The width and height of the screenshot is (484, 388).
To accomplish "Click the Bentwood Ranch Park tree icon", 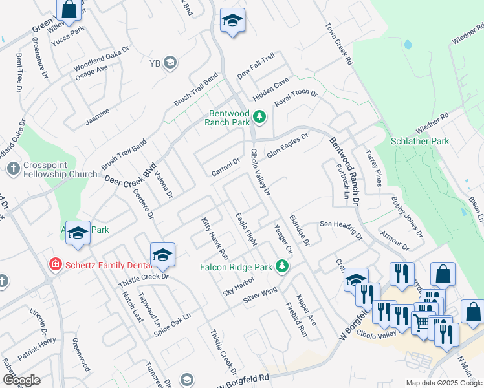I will pyautogui.click(x=259, y=116).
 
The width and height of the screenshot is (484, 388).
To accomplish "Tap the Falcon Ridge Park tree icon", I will pyautogui.click(x=281, y=265).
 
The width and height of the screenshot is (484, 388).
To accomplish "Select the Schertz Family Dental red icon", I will pyautogui.click(x=56, y=264).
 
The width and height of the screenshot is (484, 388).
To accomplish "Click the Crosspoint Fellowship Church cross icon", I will pyautogui.click(x=13, y=169).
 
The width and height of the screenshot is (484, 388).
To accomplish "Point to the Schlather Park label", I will pyautogui.click(x=420, y=141).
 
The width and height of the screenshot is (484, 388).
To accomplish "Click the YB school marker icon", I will pyautogui.click(x=170, y=63).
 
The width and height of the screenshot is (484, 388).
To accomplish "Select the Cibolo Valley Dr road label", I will pyautogui.click(x=260, y=171).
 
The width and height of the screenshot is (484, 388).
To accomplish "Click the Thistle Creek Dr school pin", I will pyautogui.click(x=162, y=255).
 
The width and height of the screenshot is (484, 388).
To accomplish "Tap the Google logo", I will pyautogui.click(x=21, y=380).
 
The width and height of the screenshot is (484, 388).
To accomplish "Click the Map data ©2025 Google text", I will pyautogui.click(x=443, y=383).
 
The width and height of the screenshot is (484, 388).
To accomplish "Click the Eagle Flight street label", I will pyautogui.click(x=246, y=230).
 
